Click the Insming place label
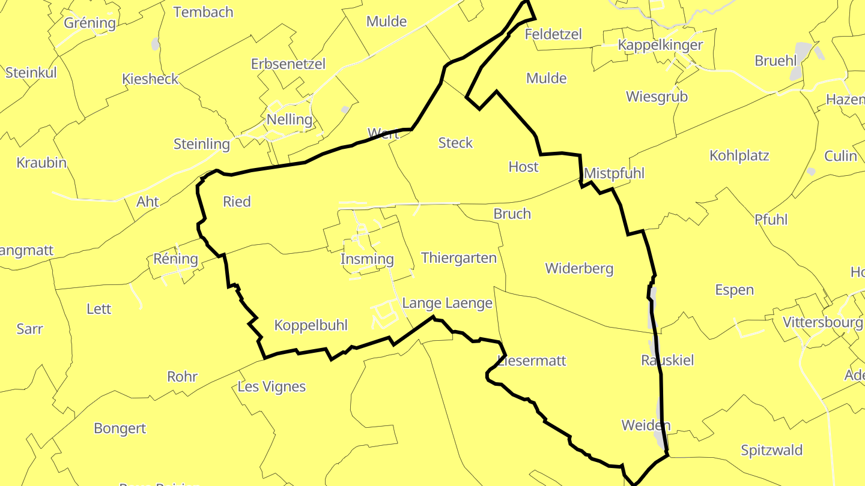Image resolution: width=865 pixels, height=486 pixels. (x=367, y=259)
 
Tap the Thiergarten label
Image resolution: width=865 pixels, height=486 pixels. (x=459, y=258)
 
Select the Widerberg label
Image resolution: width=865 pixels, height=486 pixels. (x=579, y=268)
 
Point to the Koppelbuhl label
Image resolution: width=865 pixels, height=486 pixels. (x=311, y=325)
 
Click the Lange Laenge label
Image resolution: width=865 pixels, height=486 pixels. (x=447, y=304)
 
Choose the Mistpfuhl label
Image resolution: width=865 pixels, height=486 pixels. (x=614, y=173)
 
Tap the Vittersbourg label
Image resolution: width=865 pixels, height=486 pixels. (x=822, y=322)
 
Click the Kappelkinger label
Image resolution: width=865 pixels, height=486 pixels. (x=660, y=45)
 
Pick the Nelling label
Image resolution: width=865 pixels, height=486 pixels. (x=290, y=119)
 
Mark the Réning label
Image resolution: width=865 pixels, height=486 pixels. (x=175, y=259)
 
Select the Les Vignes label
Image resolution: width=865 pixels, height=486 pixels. (x=272, y=387)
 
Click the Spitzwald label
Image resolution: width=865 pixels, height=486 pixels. (x=772, y=451)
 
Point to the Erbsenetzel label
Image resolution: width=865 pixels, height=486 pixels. (x=288, y=64)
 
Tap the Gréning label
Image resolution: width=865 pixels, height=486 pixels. (x=90, y=23)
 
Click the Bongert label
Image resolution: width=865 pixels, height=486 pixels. (x=120, y=428)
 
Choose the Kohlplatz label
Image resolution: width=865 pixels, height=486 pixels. (x=739, y=155)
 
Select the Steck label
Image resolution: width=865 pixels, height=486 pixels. (x=455, y=143)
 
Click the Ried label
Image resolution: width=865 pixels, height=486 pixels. (x=237, y=202)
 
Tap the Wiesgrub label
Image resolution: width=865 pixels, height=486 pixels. (x=657, y=97)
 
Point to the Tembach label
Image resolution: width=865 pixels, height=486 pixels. (x=203, y=12)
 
